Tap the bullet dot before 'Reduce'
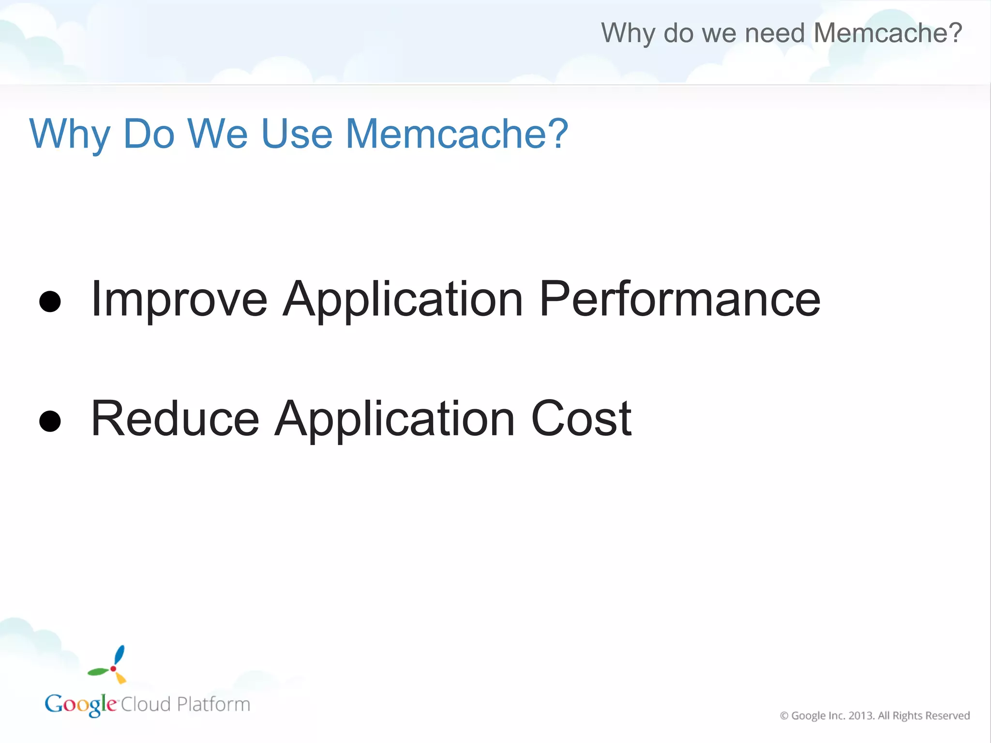coord(50,420)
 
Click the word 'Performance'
coord(679,300)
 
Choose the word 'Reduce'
coord(175,419)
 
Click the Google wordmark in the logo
coord(81,704)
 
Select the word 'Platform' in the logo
coord(213,704)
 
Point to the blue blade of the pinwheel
coord(119,655)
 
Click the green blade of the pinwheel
coord(98,671)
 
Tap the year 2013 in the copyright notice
coord(861,715)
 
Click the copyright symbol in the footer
coord(784,715)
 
